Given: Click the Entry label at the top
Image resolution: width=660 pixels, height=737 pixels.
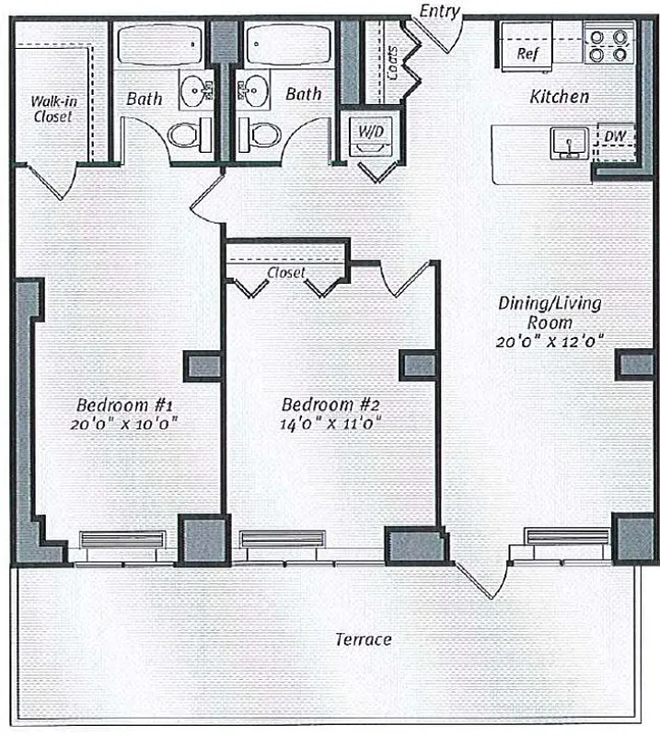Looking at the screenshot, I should pos(438,10).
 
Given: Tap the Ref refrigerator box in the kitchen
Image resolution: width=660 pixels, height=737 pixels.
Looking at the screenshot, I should pos(527,53).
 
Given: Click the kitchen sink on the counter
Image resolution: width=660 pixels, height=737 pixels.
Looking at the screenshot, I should pos(568,143).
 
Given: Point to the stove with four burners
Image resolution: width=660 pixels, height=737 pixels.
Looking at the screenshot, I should pos(609,44).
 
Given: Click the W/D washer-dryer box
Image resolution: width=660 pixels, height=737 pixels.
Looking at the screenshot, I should pos(371,133).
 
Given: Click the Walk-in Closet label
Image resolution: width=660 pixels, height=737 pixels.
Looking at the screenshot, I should pos(52,109).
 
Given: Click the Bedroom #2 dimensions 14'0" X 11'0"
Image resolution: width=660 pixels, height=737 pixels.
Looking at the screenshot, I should pos(331,424).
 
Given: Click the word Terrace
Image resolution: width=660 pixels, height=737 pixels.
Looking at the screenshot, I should pos(362,639).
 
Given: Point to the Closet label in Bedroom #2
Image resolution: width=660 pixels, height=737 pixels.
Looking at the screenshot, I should pos(286,273).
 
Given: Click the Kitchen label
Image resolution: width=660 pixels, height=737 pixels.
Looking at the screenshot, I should pos(560,96).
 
